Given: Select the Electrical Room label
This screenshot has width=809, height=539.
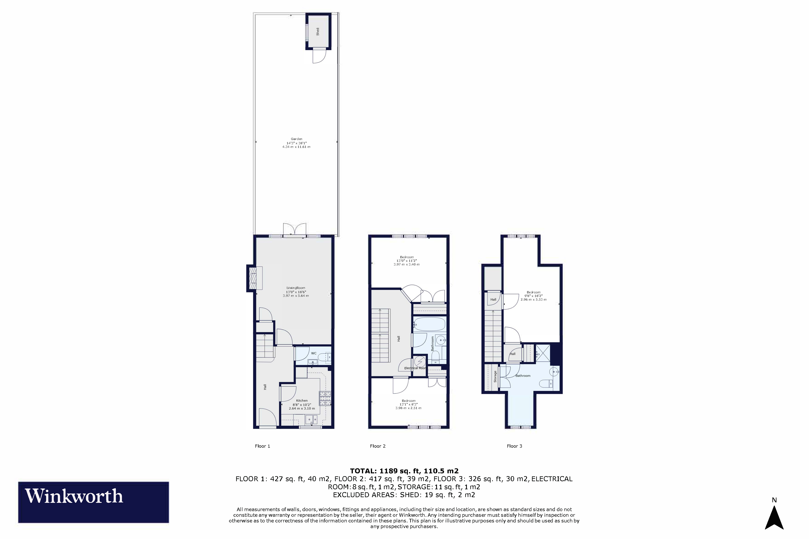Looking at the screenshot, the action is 415,368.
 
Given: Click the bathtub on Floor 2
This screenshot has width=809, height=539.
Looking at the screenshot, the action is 429,324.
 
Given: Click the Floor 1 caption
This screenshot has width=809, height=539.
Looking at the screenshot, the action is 262,446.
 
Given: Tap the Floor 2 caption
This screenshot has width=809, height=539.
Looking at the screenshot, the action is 378,446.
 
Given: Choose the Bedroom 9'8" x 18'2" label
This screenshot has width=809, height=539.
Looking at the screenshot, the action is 533,296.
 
